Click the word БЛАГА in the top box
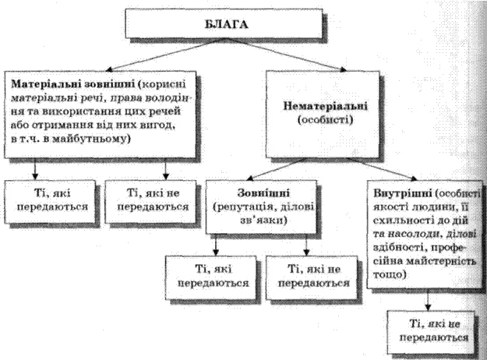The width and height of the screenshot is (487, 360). [x=227, y=24]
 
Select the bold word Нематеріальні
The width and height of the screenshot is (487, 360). [x=325, y=106]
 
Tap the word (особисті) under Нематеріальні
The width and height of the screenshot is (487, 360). [x=325, y=120]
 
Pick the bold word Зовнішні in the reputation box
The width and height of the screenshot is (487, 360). [x=263, y=193]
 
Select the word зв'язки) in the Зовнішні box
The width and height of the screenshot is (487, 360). [x=263, y=221]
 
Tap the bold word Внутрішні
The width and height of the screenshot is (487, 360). [x=402, y=193]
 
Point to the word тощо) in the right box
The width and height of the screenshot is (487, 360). [x=390, y=275]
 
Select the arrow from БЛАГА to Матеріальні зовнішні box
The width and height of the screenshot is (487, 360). [x=165, y=54]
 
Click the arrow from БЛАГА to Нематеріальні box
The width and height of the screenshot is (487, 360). [x=287, y=54]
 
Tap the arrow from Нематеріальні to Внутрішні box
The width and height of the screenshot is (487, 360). [x=382, y=169]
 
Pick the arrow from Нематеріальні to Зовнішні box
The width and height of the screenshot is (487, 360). [x=277, y=169]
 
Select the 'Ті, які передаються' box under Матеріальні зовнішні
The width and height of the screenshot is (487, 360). [x=51, y=202]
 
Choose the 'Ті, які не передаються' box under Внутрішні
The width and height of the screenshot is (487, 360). [x=432, y=331]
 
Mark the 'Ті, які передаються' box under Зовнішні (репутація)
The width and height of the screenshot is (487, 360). [x=211, y=277]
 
